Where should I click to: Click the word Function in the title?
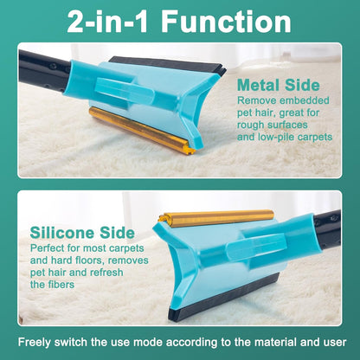(226, 22)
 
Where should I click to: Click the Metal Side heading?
(279, 85)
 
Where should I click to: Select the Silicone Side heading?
(82, 233)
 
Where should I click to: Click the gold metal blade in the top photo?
(141, 130)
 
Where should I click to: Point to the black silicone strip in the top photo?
(167, 65)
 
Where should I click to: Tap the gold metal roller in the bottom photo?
(216, 218)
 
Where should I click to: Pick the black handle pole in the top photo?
(43, 72)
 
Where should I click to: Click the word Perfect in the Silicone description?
(48, 248)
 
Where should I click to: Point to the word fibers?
(61, 285)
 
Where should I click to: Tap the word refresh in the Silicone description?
(106, 273)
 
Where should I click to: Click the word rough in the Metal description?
(251, 125)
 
